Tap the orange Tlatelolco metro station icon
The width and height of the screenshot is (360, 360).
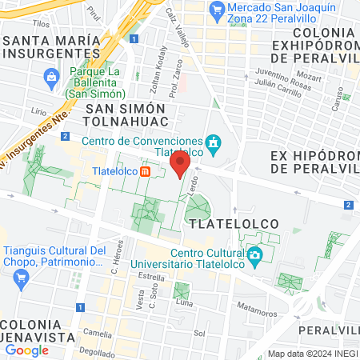pyautogui.click(x=146, y=171)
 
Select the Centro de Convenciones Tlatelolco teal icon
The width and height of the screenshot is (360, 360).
pyautogui.click(x=214, y=144)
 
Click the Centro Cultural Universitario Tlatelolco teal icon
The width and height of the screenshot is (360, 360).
pyautogui.click(x=255, y=258)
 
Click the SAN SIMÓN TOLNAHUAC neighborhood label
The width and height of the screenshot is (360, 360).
pyautogui.click(x=126, y=114)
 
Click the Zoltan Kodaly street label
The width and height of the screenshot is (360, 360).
pyautogui.click(x=157, y=78)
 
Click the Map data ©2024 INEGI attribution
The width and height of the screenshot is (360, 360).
pyautogui.click(x=311, y=353)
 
